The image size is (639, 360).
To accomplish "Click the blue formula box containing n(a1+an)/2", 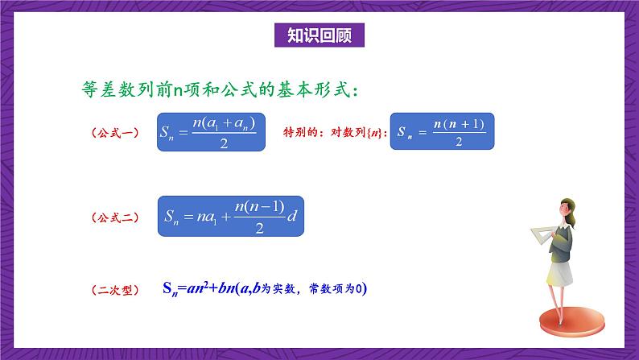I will point(212,131).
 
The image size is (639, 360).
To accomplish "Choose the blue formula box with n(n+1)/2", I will point(442,131).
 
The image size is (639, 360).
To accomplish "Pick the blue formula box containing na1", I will point(232,216).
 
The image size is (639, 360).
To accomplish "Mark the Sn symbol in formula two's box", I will point(175,217).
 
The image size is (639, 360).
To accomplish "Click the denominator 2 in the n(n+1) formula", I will point(458,143).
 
